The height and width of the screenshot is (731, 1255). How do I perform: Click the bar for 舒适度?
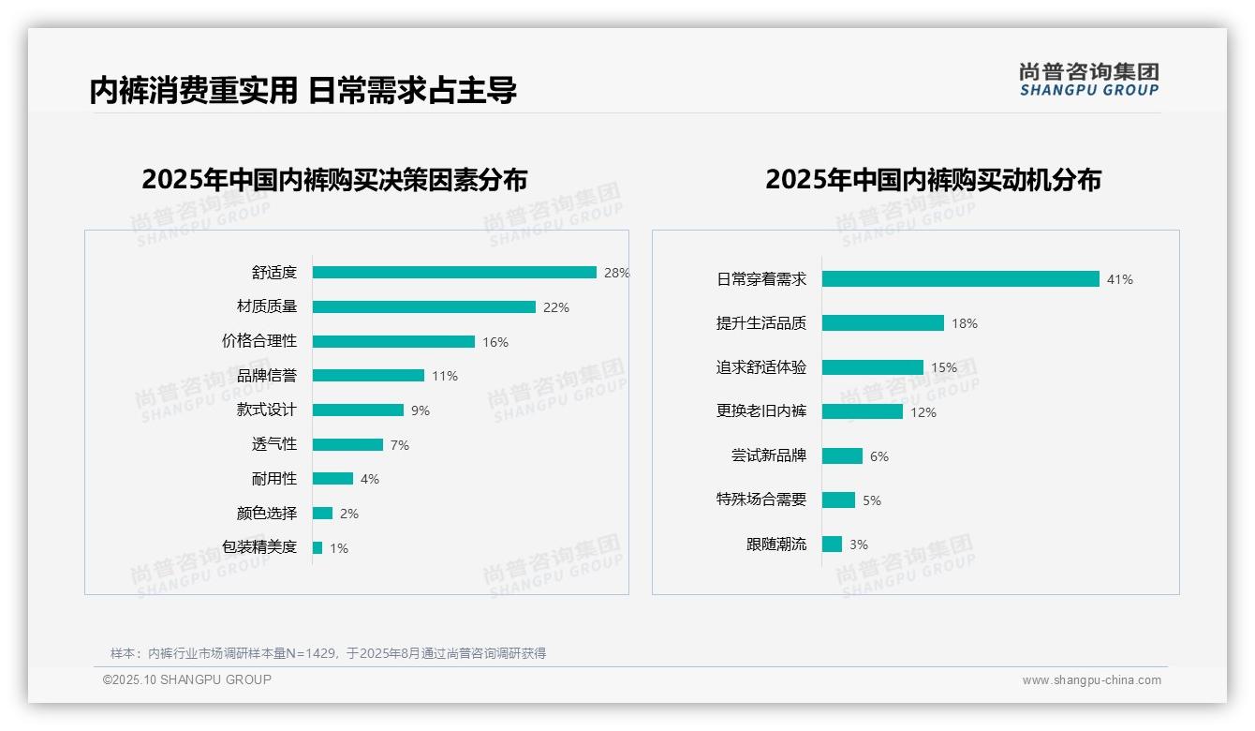454,273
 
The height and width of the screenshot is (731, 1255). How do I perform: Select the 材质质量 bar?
423,307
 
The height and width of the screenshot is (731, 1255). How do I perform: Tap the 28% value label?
616,273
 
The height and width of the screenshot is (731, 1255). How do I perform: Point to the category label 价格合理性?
259,341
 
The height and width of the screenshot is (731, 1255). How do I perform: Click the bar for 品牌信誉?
368,376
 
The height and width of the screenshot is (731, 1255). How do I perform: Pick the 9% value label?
421,410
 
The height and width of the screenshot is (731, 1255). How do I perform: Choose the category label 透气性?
274,444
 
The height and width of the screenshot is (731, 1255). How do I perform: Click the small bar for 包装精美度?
317,547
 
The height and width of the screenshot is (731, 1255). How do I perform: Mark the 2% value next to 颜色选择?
349,514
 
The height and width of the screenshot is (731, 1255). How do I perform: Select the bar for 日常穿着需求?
960,279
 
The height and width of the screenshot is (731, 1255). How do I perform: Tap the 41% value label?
1120,279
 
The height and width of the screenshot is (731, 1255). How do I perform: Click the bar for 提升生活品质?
882,323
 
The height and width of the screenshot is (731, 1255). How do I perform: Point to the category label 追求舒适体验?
761,367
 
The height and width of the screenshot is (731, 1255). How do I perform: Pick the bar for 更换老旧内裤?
862,411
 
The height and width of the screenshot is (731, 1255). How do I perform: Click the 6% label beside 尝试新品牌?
879,456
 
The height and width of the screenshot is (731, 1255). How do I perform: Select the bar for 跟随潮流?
832,545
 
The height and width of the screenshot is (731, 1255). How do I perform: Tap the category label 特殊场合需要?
761,500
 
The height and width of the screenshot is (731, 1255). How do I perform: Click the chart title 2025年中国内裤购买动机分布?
933,180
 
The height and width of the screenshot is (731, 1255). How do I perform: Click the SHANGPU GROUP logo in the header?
1089,80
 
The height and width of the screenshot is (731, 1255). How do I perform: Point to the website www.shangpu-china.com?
1091,680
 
